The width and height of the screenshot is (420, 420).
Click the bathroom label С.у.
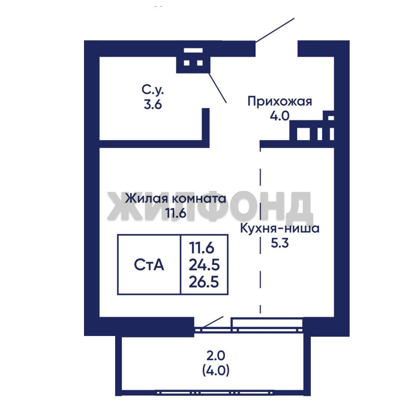click(152, 91)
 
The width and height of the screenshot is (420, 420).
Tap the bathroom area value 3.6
click(153, 104)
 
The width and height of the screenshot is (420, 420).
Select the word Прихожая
click(280, 102)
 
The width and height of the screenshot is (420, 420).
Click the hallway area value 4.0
click(280, 116)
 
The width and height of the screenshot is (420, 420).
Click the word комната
click(199, 199)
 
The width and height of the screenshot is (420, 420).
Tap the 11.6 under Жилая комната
click(176, 213)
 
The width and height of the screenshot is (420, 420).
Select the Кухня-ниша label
click(280, 229)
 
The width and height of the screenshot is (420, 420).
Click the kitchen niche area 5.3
click(280, 243)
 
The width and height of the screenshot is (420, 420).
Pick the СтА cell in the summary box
click(149, 265)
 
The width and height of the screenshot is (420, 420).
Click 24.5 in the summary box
click(205, 265)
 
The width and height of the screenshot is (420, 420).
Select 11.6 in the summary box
click(202, 248)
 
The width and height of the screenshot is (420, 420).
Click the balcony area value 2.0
click(216, 356)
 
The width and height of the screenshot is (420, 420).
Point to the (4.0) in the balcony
click(216, 371)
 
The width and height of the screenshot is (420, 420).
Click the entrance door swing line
click(275, 30)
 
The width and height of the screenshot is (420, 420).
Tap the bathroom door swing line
click(218, 88)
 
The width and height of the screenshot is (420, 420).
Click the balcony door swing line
click(213, 322)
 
